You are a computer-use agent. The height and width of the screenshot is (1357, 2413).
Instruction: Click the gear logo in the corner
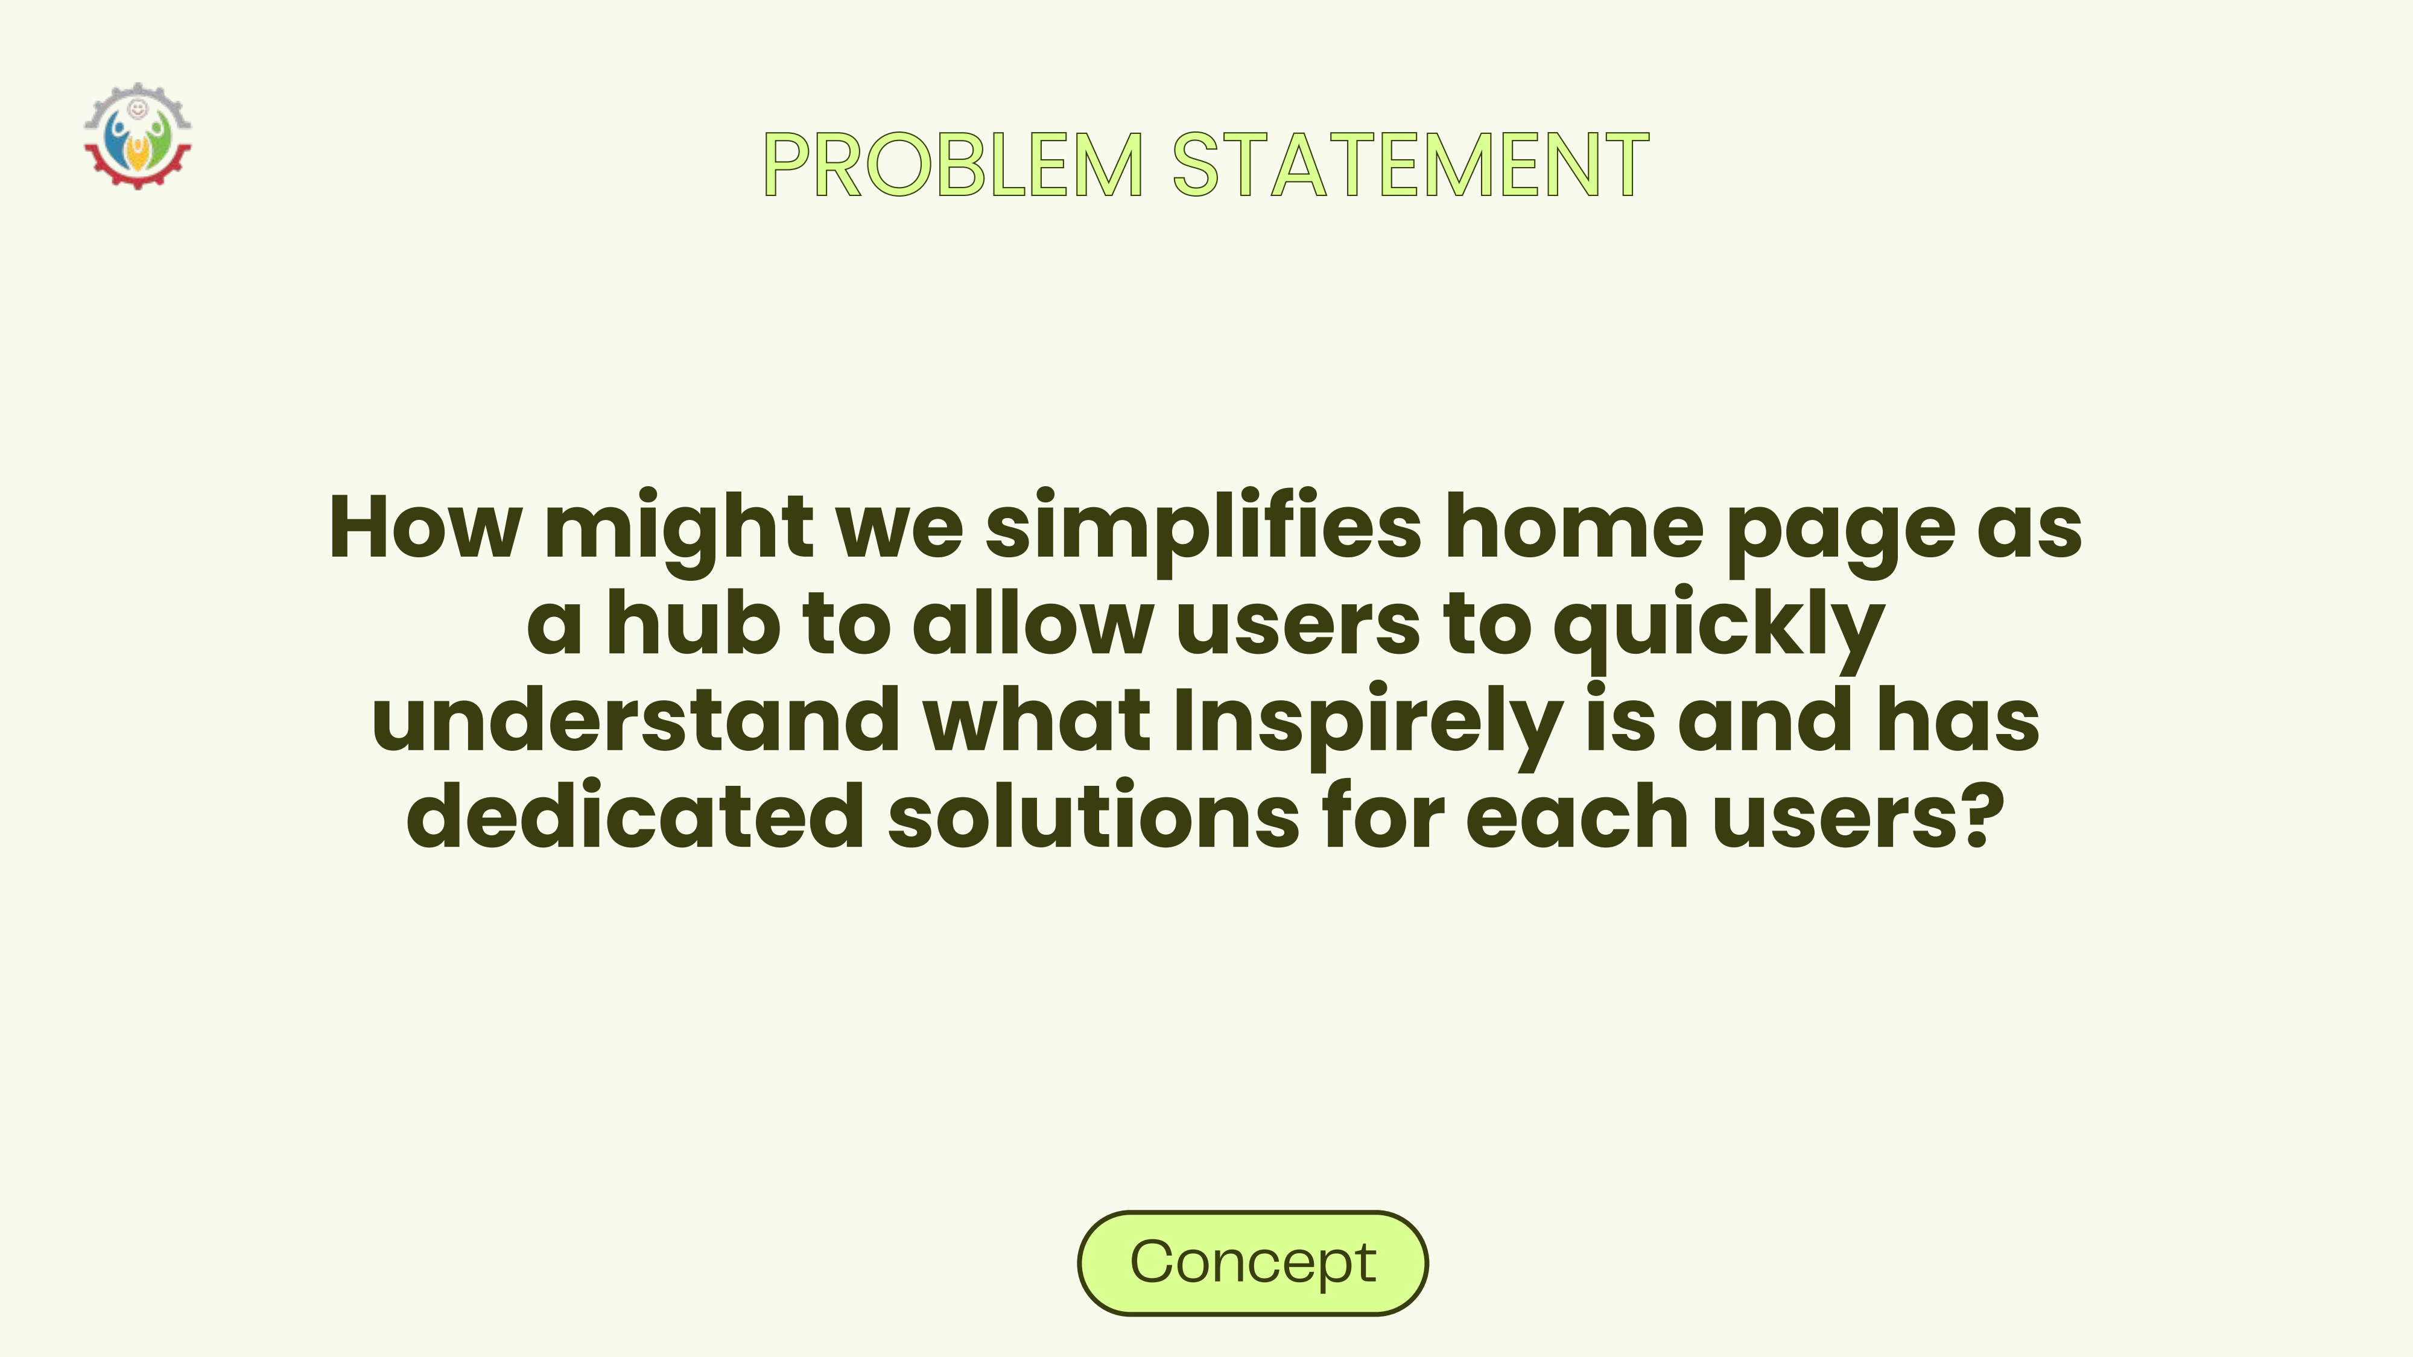pyautogui.click(x=138, y=136)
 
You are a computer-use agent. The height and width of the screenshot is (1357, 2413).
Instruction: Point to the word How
pyautogui.click(x=425, y=527)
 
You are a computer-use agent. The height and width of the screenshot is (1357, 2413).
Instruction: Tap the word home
pyautogui.click(x=1574, y=527)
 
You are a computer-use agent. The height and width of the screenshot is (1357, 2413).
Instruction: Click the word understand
pyautogui.click(x=636, y=718)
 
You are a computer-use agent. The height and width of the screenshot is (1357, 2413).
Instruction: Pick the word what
pyautogui.click(x=1037, y=718)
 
